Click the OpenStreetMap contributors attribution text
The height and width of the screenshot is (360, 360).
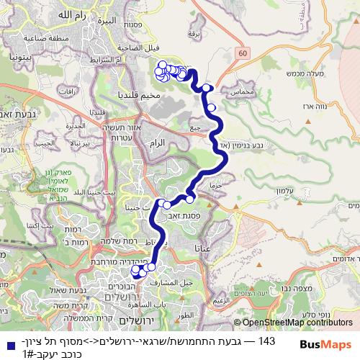(x=297, y=323)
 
